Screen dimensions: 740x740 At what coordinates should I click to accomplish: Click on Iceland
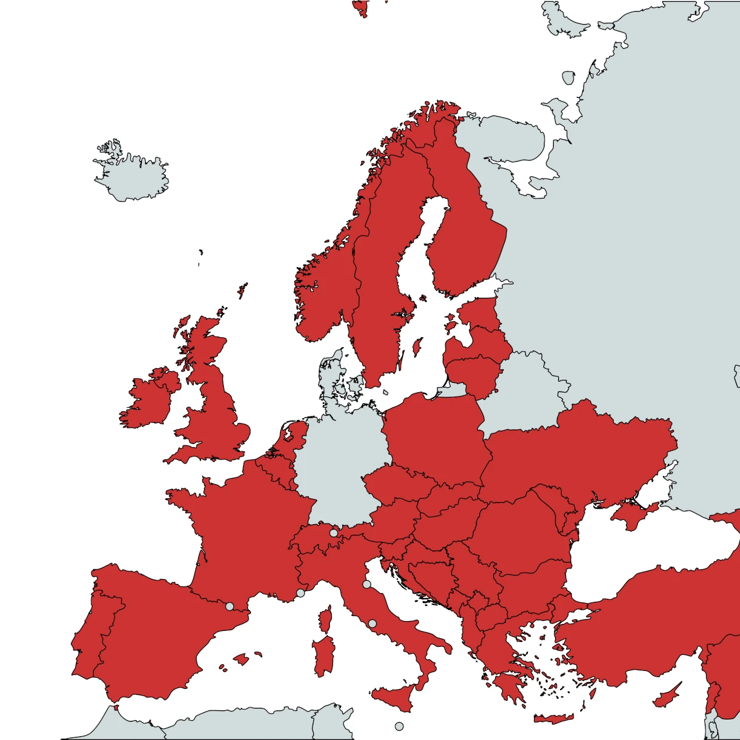point(133,176)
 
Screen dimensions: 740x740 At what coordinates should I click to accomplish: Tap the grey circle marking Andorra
point(229,606)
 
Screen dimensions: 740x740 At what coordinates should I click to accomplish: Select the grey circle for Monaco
point(300,593)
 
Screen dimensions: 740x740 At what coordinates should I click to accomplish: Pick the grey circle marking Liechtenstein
point(334,533)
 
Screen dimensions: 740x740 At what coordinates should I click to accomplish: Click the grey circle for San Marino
point(366,584)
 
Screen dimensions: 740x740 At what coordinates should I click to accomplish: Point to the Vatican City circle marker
point(372,623)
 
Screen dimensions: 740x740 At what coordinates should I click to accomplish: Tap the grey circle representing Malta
point(399,726)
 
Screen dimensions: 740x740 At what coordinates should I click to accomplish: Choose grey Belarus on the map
point(524,388)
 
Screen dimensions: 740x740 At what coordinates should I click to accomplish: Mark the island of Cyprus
point(669,697)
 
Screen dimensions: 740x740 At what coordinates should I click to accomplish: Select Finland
point(462,234)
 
